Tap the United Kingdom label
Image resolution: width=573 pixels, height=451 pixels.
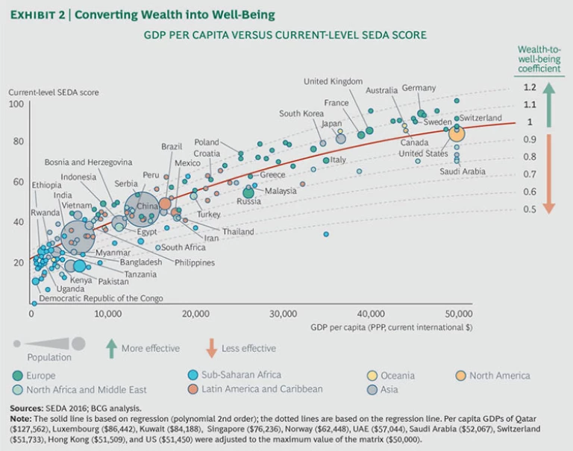pos(333,81)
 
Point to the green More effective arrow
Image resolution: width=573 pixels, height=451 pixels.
pos(111,347)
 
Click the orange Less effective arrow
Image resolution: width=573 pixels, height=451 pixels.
pos(211,347)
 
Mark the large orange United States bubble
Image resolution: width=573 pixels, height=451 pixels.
pos(456,133)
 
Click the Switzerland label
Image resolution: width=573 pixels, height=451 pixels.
pos(483,118)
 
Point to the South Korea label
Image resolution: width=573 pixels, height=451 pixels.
pos(301,113)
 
